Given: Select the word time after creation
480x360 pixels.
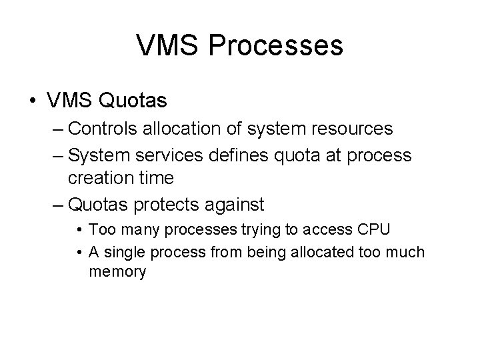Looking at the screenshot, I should point(158,178).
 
